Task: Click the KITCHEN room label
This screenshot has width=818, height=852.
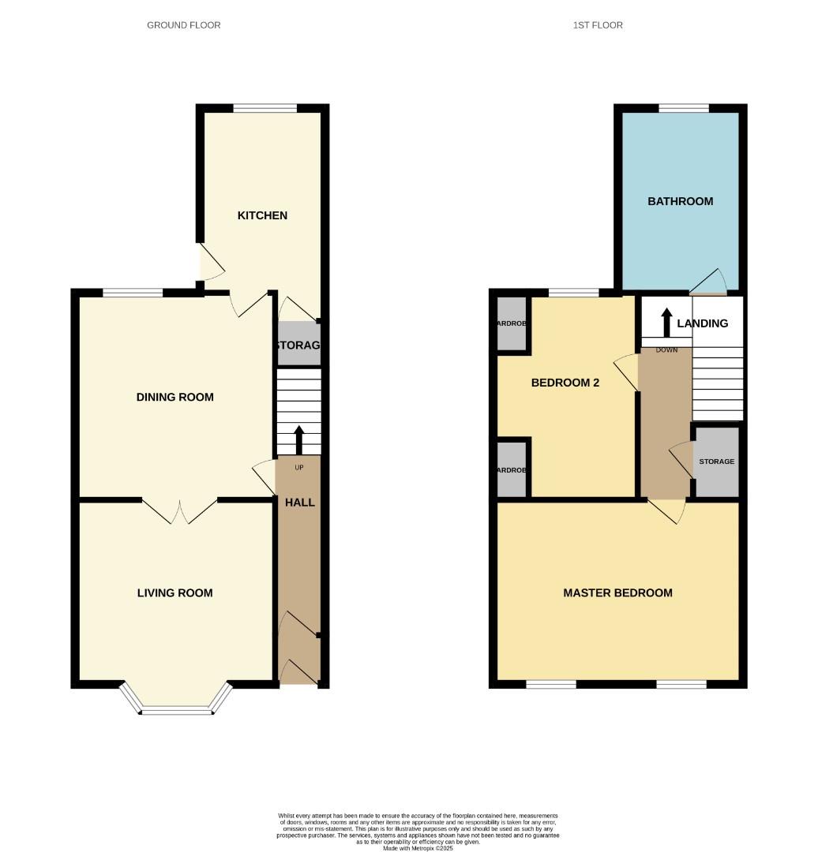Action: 262,215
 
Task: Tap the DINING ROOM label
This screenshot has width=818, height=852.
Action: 174,397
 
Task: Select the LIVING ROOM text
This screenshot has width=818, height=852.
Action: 174,592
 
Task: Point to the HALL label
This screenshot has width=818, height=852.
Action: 299,502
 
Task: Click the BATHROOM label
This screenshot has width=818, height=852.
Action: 680,201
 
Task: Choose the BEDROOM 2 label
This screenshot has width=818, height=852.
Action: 565,383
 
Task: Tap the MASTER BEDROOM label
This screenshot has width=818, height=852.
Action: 617,592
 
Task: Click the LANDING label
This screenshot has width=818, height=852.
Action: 702,323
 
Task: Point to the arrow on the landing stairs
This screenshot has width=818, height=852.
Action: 666,321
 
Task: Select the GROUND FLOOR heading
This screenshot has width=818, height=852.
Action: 184,25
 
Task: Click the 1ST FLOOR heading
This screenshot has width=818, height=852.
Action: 598,25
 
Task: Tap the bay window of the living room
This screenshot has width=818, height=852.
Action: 176,710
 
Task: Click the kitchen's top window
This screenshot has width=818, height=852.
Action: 265,109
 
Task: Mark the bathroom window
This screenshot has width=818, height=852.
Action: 684,109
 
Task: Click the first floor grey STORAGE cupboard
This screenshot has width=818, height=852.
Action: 716,461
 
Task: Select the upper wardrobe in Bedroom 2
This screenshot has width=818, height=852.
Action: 511,323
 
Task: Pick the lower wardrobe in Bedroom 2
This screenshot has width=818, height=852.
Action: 511,469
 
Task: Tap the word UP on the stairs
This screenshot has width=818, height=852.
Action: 299,468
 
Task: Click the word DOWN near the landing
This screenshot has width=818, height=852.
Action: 666,350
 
